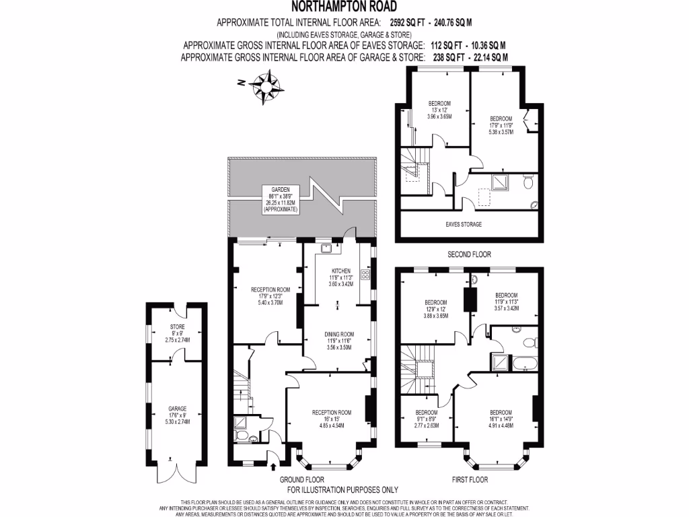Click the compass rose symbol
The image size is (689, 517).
click(x=266, y=86)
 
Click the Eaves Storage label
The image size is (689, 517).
click(x=464, y=224)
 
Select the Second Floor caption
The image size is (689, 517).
click(x=469, y=254)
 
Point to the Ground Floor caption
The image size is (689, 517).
click(x=299, y=479)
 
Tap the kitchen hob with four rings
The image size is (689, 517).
click(x=365, y=275)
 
